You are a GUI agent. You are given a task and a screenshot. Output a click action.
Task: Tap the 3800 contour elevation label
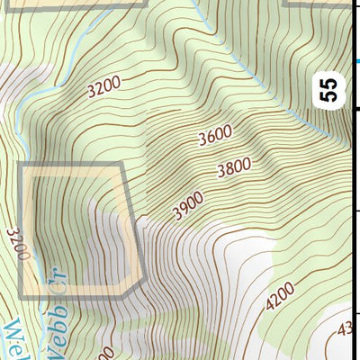point(235,168)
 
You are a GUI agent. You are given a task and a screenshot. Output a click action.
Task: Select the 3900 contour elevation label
point(189,208)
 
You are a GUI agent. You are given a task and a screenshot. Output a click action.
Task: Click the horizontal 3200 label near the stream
point(103,88)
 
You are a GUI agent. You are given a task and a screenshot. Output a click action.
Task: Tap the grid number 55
point(330,89)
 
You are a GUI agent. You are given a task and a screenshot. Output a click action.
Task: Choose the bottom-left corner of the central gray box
point(22,296)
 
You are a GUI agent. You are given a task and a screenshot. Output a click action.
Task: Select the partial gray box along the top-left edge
point(72,4)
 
